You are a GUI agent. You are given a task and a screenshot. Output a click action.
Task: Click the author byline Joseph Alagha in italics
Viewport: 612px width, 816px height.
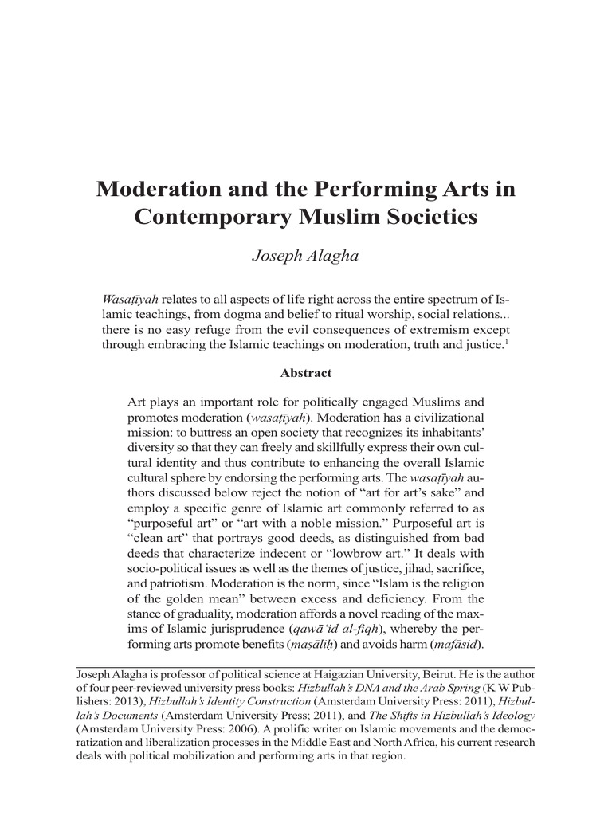[306, 256]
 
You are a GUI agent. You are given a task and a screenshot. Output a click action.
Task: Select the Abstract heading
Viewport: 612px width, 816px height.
[306, 372]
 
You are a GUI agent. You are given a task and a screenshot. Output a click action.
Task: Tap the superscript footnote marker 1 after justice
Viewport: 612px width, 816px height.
[508, 342]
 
